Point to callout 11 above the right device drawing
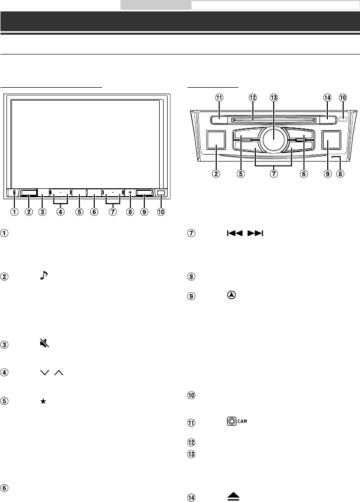220,98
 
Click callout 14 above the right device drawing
327,98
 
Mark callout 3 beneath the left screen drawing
43,212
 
